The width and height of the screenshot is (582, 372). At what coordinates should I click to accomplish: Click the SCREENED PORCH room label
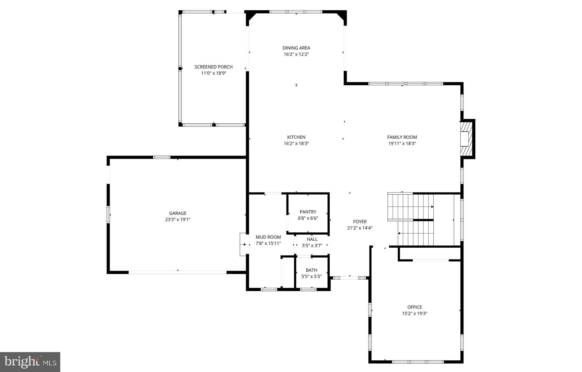coord(213,67)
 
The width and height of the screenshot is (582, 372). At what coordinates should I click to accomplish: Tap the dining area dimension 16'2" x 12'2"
coord(296,54)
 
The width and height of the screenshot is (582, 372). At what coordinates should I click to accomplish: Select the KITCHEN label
coord(296,137)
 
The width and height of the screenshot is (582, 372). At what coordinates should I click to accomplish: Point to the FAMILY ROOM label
coord(402,137)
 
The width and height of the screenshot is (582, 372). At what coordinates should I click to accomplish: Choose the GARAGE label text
coord(178,213)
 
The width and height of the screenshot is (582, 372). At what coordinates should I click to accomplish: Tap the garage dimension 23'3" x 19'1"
coord(178,220)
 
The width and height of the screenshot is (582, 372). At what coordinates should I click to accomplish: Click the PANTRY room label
coord(308,212)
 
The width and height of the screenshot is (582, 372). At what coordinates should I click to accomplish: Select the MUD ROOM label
coord(268,237)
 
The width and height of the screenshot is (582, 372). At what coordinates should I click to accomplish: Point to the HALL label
coord(312,239)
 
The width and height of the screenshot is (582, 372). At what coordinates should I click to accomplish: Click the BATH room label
coord(311,270)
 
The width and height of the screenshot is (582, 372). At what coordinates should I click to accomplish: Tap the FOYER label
coord(360,222)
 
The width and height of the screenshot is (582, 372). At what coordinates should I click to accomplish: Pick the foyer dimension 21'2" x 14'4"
coord(360,228)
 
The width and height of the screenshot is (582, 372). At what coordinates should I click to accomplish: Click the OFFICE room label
coord(414,307)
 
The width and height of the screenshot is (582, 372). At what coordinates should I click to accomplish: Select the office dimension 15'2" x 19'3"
coord(414,313)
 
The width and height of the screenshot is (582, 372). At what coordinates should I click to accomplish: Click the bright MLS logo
coord(30,362)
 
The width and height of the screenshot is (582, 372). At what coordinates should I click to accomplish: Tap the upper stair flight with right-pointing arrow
coord(411,207)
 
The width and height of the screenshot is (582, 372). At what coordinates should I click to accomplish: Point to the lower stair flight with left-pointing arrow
coord(415,233)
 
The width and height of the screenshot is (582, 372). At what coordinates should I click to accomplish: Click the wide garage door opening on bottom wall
coord(178,272)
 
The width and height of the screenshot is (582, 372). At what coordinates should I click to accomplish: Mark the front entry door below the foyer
coord(350,278)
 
